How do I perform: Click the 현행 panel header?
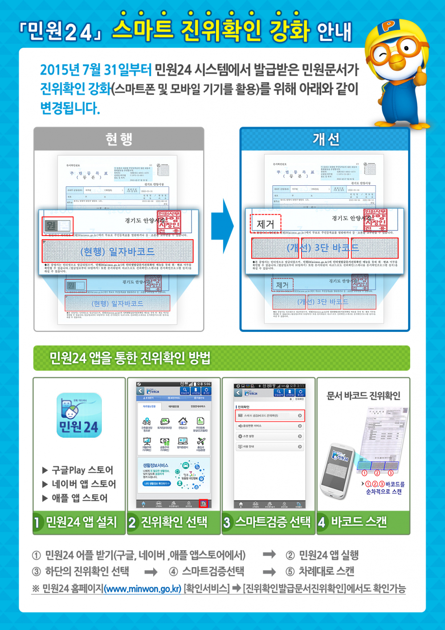point(118,139)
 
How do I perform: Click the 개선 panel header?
point(325,139)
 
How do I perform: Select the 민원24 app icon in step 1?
point(79,415)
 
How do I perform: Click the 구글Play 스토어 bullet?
point(78,470)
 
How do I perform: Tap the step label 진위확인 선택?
point(174,522)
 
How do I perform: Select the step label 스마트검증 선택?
point(272,522)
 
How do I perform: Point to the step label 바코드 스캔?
point(359,522)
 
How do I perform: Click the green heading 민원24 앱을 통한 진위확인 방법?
point(130,358)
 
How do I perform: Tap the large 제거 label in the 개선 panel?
point(265,224)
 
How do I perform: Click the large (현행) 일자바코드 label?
point(117,252)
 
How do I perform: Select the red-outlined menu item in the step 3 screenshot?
point(270,416)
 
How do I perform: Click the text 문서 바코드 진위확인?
point(363,396)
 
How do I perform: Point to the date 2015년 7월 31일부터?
point(96,70)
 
